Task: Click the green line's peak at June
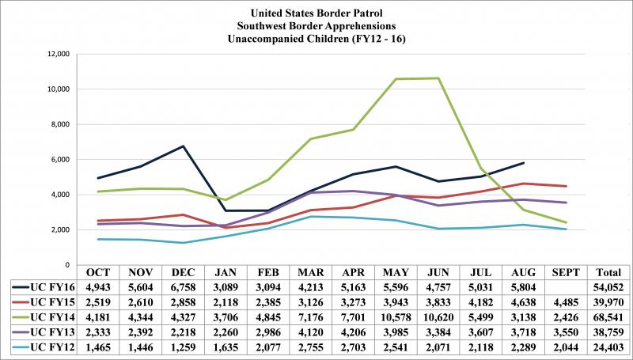[440, 78]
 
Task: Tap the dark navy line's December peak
[184, 146]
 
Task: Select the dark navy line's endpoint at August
[524, 163]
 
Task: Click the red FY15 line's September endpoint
[565, 186]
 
